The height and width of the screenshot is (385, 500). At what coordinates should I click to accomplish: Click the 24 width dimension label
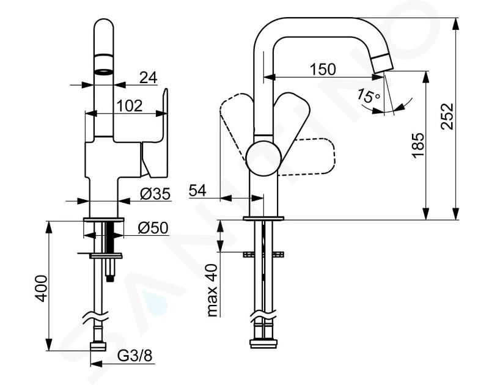(x=149, y=78)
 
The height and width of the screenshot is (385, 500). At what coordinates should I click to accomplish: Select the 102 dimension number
(x=130, y=106)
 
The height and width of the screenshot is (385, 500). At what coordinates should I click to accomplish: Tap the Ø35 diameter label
(x=155, y=194)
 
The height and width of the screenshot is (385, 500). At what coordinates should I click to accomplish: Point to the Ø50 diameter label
(x=153, y=228)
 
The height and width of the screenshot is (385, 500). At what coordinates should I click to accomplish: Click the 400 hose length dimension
(x=42, y=288)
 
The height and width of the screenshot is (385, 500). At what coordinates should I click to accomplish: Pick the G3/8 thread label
(x=135, y=356)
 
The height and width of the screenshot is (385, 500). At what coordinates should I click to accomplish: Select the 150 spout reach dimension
(x=323, y=69)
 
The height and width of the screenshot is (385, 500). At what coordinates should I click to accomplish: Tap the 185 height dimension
(x=418, y=145)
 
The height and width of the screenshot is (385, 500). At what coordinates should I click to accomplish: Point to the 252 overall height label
(x=447, y=116)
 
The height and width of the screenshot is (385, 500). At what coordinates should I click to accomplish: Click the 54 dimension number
(x=197, y=191)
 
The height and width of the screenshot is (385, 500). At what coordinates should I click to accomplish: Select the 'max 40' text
(x=211, y=290)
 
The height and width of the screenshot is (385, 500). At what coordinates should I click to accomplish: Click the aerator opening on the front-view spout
(x=104, y=71)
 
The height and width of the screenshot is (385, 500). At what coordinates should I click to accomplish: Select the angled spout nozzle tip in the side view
(x=383, y=63)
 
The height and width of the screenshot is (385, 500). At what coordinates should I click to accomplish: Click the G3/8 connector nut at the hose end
(x=98, y=346)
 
